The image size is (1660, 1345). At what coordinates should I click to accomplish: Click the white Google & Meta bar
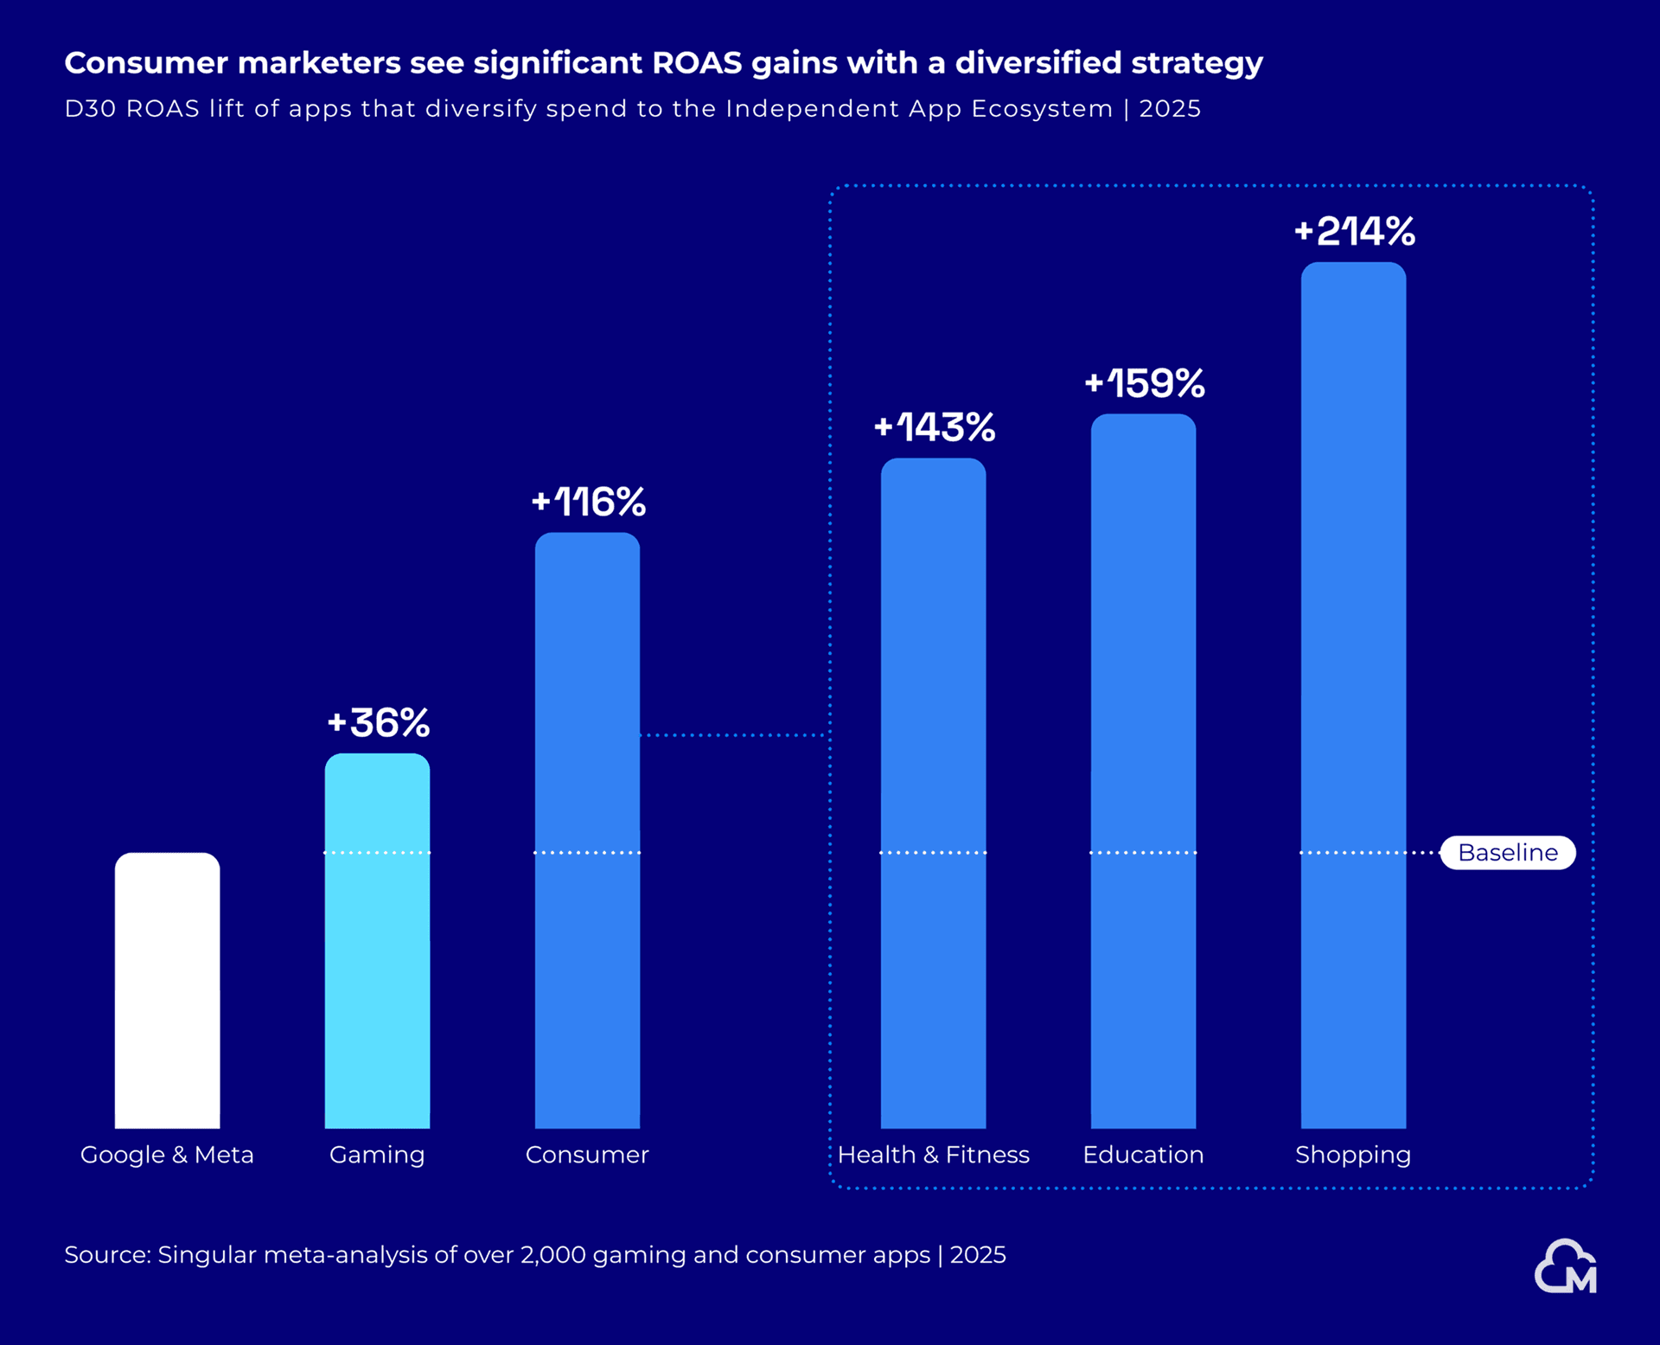point(167,990)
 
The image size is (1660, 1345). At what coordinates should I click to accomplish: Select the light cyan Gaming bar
point(377,941)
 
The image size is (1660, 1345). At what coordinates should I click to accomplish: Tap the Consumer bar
point(587,830)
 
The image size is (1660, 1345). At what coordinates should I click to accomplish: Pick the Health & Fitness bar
point(933,793)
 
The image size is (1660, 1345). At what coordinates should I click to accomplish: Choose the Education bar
point(1143,771)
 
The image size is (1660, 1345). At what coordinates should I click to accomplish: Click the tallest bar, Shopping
point(1353,695)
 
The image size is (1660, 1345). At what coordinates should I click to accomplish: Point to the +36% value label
point(379,723)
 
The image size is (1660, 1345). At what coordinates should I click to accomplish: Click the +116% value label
point(589,503)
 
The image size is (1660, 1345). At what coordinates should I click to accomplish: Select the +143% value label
point(935,427)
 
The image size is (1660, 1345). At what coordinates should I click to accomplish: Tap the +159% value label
point(1145,384)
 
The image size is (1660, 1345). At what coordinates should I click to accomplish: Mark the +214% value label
point(1355,232)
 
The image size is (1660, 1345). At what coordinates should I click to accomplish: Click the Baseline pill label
point(1508,853)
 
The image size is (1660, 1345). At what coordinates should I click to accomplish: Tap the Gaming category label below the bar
point(377,1155)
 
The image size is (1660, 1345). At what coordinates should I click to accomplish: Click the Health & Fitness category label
point(934,1155)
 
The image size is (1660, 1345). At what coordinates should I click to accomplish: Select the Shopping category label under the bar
point(1353,1155)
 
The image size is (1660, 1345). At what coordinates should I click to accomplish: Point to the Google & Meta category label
point(167,1155)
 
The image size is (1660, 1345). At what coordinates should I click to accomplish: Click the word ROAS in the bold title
point(697,63)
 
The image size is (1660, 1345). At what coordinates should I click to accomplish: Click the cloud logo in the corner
point(1566,1267)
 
